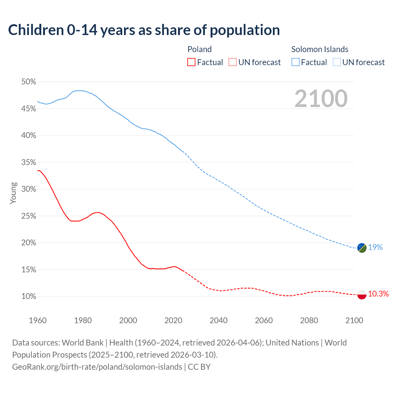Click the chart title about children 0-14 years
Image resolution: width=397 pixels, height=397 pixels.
[144, 30]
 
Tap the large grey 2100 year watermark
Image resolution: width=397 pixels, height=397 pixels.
[321, 99]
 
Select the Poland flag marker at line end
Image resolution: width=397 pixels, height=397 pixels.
[362, 294]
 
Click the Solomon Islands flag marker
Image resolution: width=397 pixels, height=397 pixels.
[362, 248]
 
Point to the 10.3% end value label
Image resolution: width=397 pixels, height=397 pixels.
[378, 294]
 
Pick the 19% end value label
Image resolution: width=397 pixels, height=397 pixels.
[375, 247]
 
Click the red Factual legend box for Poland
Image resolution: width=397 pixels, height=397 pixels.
[191, 62]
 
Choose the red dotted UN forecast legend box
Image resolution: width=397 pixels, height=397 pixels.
[233, 62]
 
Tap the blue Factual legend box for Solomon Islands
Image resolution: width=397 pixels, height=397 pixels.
[296, 62]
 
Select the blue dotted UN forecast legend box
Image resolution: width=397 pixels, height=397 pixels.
[337, 62]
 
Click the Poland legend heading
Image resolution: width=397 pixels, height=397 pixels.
[199, 49]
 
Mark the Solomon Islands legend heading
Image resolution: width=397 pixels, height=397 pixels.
[320, 49]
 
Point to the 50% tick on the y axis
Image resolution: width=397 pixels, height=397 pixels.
[29, 82]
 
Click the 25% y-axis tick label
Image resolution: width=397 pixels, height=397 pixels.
[29, 216]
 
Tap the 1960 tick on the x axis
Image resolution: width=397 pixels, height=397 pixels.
[38, 320]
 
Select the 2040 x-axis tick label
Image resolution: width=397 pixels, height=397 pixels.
[219, 320]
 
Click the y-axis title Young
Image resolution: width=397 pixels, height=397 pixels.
[13, 193]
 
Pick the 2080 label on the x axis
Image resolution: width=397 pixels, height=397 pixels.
[309, 320]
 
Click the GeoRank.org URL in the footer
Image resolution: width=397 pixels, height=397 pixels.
[97, 367]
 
